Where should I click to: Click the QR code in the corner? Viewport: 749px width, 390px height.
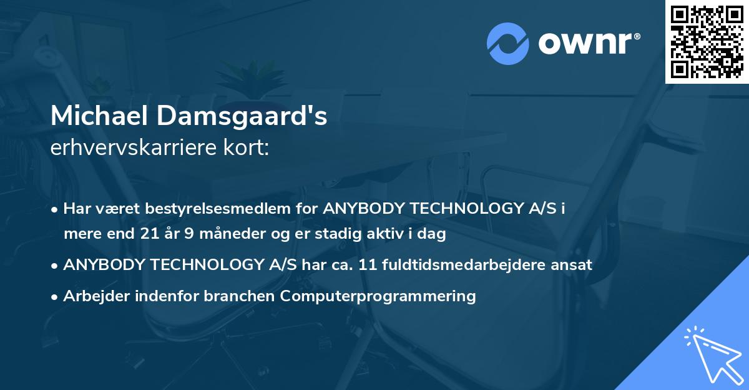coord(707,41)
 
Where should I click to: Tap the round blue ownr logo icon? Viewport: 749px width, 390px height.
coord(507,43)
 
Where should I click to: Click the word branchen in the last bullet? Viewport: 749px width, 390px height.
coord(240,296)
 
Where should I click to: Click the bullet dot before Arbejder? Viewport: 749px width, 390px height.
coord(56,296)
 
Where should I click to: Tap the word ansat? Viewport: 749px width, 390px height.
coord(574,264)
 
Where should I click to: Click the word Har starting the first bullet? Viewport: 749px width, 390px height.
coord(76,209)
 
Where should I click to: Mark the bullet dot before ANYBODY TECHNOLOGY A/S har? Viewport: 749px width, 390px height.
coord(56,265)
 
